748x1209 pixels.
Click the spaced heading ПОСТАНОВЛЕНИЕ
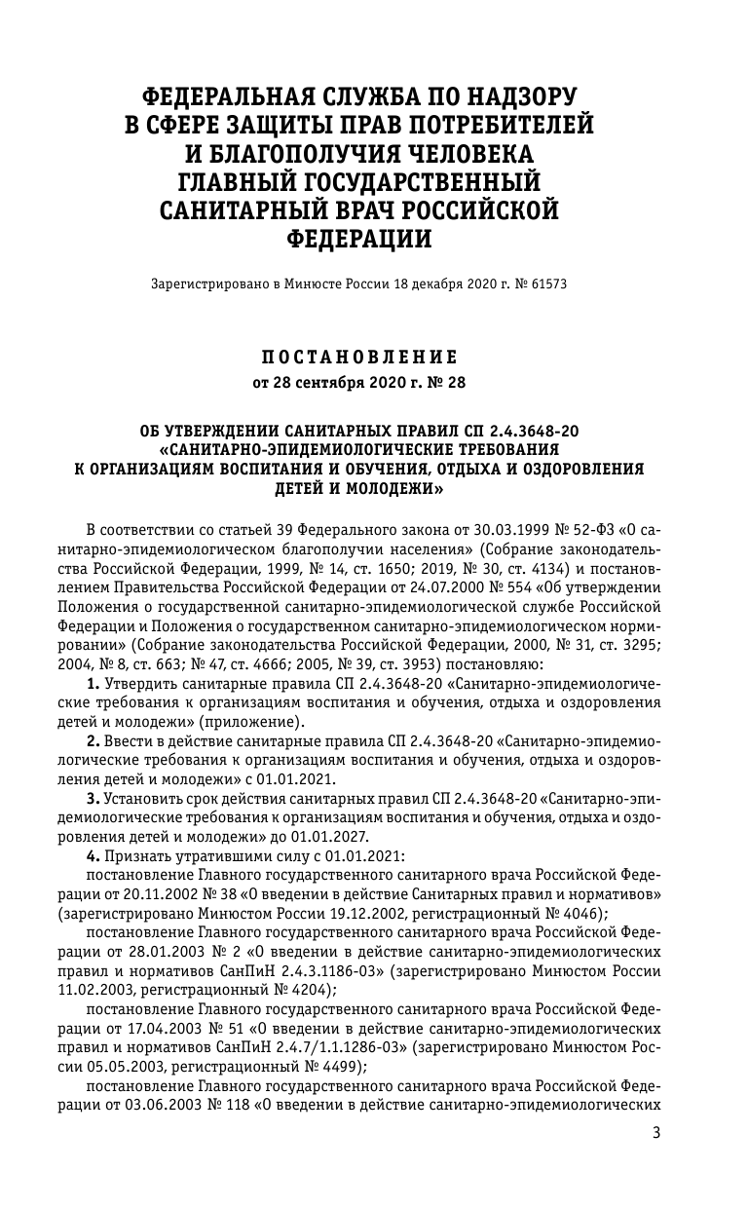[x=359, y=358]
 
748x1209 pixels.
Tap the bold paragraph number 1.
[x=93, y=686]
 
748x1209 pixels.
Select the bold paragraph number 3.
[x=93, y=798]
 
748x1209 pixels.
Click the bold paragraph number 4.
[x=93, y=854]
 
